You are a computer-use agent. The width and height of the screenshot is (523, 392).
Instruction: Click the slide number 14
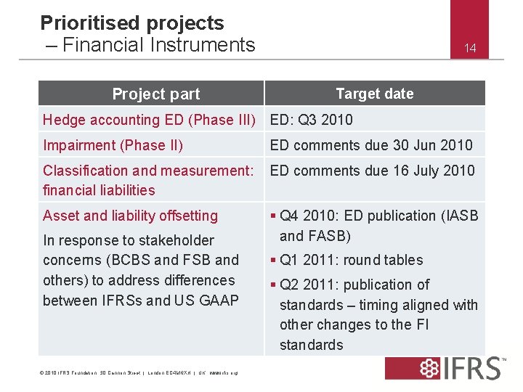tap(470, 49)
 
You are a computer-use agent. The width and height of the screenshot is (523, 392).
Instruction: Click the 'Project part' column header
tap(155, 94)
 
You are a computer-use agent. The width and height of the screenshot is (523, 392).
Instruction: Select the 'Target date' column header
tap(374, 94)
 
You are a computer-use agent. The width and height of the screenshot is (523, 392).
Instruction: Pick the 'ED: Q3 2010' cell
tap(311, 120)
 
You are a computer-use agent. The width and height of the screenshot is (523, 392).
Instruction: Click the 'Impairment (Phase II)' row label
tap(113, 145)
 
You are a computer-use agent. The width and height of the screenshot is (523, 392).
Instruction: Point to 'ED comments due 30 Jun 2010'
tap(371, 145)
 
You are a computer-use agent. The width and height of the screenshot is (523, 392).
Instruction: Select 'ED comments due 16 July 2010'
tap(372, 171)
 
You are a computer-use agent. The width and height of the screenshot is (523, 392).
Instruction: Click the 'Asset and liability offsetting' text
tap(130, 216)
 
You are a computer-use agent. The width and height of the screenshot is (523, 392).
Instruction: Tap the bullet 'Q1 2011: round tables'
tap(351, 260)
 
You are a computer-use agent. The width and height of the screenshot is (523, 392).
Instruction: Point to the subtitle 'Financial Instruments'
tap(158, 45)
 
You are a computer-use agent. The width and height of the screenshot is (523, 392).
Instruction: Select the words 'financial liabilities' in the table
tap(99, 190)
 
